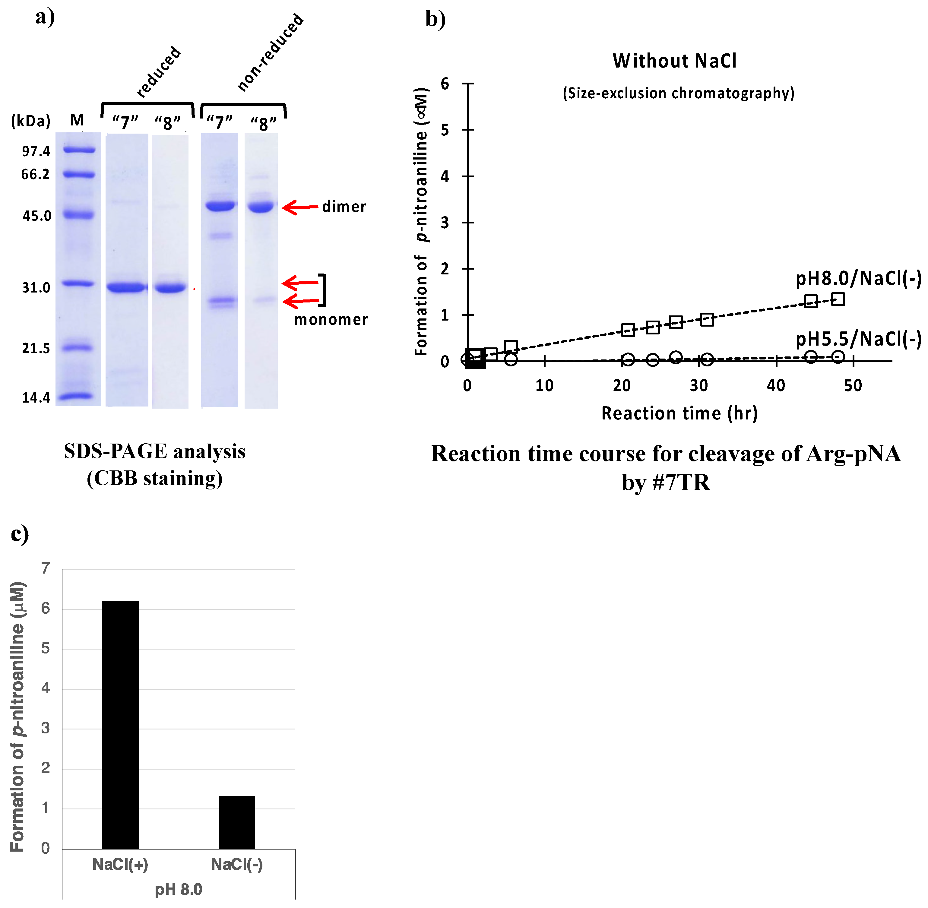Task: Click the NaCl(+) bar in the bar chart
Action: [120, 725]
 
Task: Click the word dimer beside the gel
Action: [344, 207]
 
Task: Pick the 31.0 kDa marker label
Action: [36, 288]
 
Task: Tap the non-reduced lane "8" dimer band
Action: [260, 207]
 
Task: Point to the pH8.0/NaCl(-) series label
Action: [858, 278]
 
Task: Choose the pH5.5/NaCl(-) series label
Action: [858, 339]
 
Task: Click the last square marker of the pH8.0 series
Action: [838, 299]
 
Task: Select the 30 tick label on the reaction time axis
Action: [698, 385]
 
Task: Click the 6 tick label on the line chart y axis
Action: [445, 84]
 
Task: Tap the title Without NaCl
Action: [674, 61]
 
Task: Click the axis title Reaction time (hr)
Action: [679, 413]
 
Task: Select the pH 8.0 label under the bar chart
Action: [178, 889]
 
